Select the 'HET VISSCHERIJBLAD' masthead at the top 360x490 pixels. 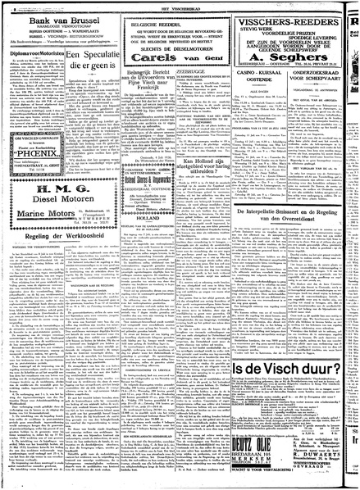(x=180, y=3)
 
